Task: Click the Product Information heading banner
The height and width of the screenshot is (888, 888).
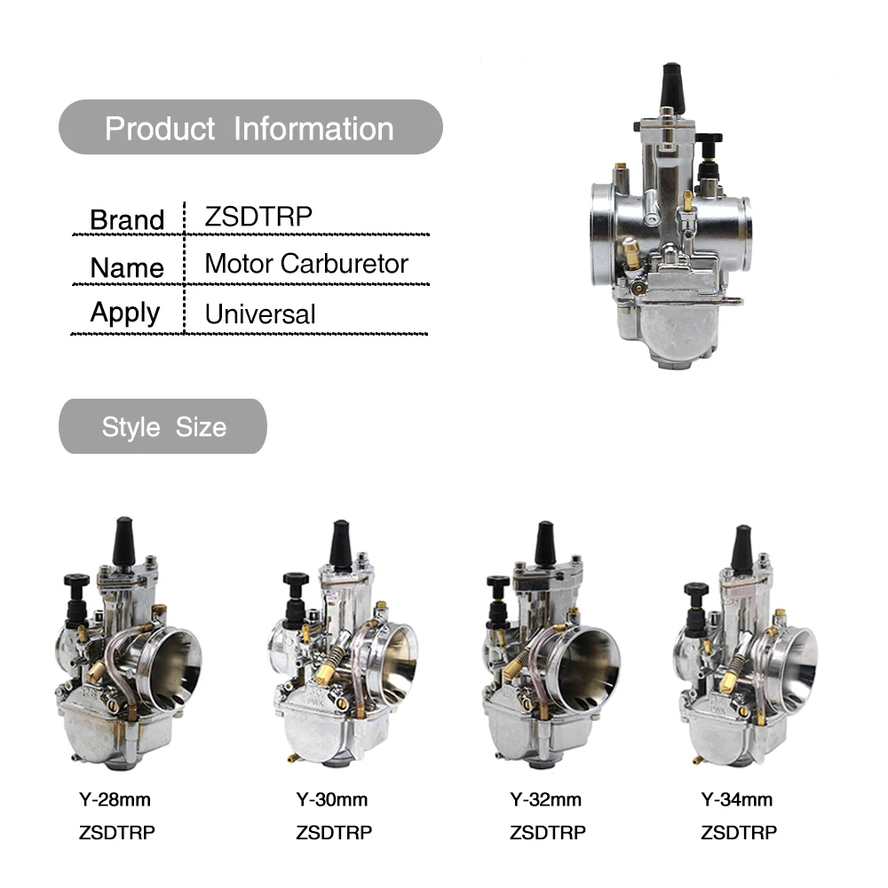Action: point(250,127)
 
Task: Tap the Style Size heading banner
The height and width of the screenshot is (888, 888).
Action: point(163,426)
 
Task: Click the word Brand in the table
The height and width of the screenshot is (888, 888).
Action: point(127,219)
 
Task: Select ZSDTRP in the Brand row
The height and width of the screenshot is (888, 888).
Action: point(258,216)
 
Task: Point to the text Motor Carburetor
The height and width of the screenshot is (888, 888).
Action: point(306,264)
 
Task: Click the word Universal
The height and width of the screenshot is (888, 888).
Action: point(260,313)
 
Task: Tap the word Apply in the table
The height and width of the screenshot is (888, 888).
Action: point(125,313)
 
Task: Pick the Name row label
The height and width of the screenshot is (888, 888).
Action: point(127,267)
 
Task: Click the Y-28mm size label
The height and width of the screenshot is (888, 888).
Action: point(115,799)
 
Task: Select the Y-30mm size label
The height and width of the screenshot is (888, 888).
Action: point(332,799)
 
